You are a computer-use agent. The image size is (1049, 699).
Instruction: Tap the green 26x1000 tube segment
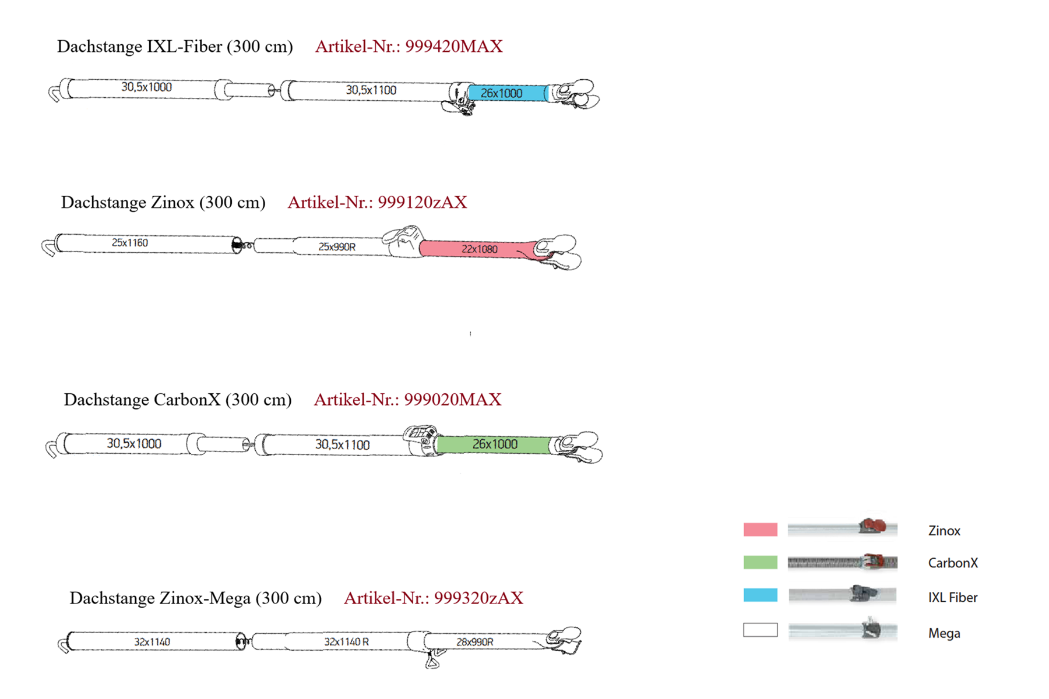(x=494, y=444)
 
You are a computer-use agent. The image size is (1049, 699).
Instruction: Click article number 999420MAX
(x=453, y=47)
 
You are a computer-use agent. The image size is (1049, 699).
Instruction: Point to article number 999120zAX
(x=422, y=202)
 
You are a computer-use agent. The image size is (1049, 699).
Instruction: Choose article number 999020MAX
(x=452, y=400)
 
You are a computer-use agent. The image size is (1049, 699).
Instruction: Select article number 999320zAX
(x=478, y=598)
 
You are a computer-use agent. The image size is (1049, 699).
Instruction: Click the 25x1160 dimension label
(x=129, y=243)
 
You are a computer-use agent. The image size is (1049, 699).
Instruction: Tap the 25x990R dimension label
(x=337, y=247)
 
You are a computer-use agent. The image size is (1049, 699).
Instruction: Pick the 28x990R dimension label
(x=474, y=642)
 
